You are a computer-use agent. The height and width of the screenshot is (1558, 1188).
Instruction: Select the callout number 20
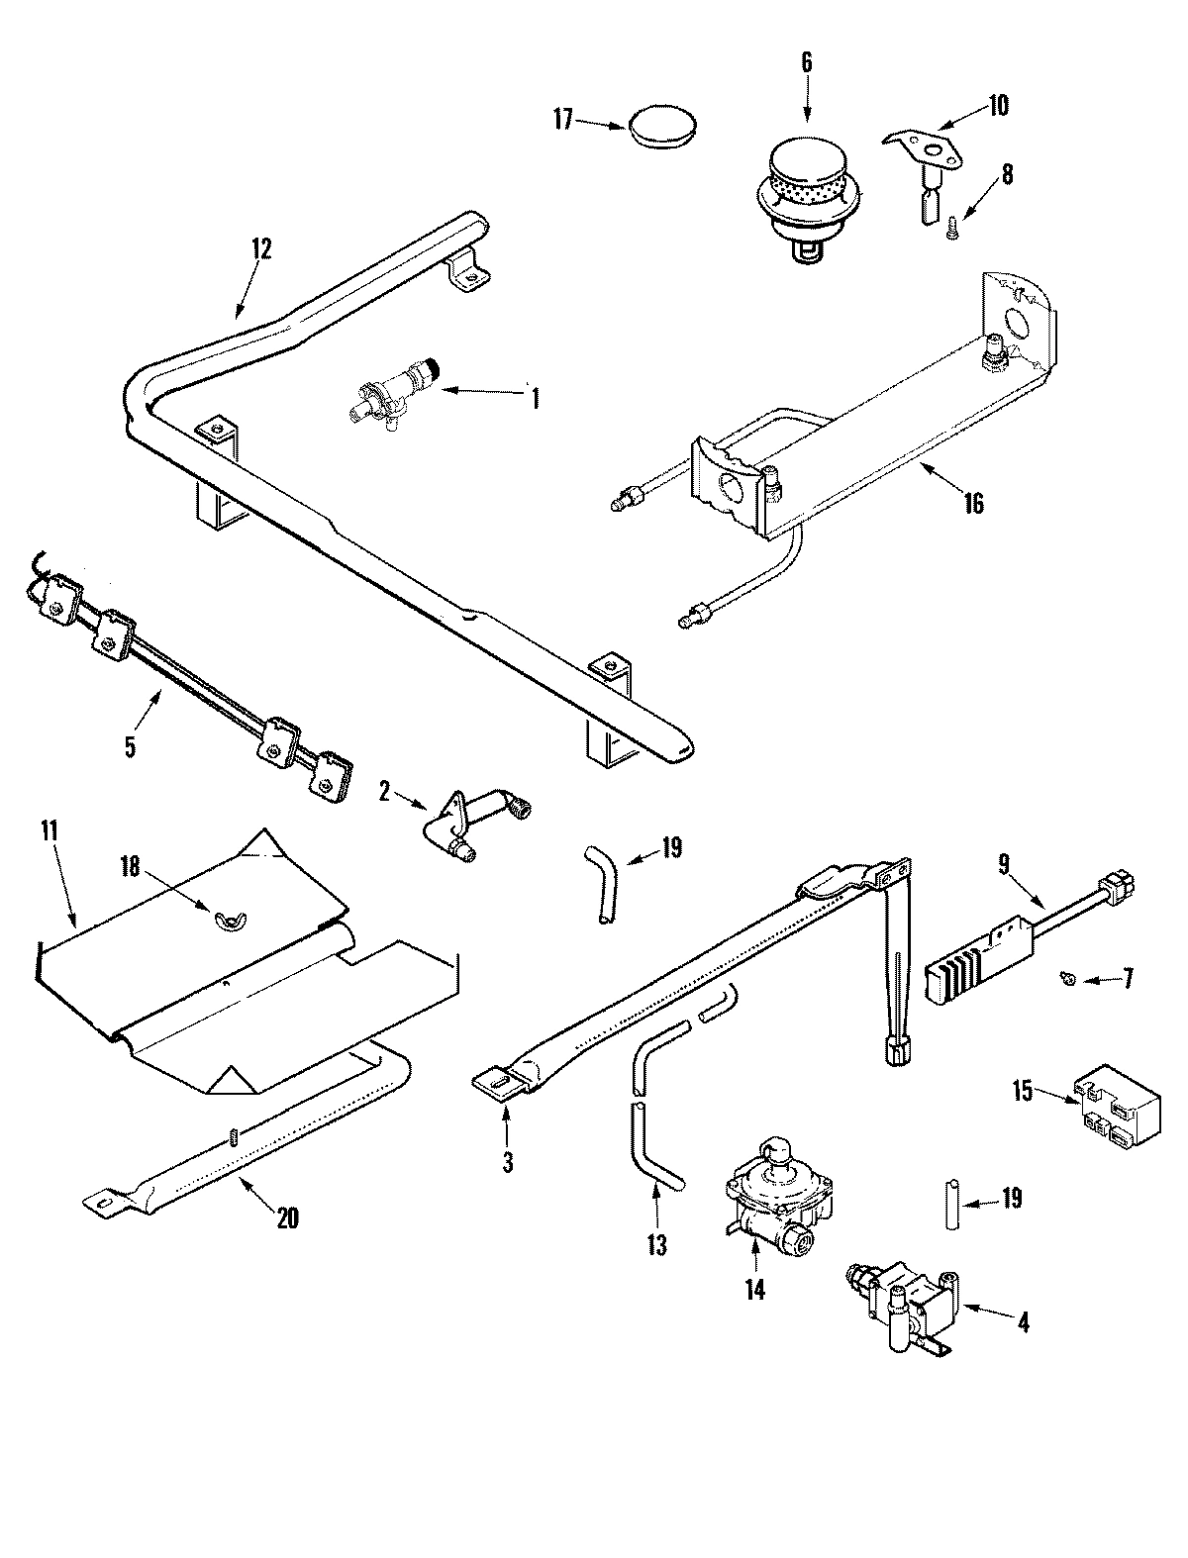[287, 1219]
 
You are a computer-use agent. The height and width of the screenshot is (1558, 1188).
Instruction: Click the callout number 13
[657, 1245]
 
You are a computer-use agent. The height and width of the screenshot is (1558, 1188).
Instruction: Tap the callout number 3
[507, 1164]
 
